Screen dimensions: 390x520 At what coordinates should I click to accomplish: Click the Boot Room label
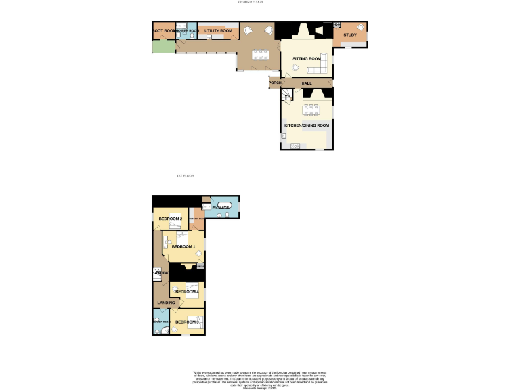163,31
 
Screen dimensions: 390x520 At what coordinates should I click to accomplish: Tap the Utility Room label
219,31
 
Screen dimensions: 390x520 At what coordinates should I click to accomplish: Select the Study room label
349,35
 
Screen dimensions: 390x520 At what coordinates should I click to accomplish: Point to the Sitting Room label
306,59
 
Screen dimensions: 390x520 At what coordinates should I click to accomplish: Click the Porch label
274,83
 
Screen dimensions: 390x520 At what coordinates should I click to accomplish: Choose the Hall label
307,83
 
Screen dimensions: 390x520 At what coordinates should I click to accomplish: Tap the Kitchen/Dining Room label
307,125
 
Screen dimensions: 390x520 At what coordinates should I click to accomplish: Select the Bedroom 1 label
183,246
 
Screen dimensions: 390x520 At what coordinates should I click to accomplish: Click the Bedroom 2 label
171,219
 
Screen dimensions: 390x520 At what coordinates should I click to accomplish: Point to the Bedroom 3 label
186,322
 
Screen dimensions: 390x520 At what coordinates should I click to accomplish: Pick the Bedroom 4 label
186,292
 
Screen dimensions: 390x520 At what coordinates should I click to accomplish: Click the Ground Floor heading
251,3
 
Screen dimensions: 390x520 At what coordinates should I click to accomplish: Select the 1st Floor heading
185,176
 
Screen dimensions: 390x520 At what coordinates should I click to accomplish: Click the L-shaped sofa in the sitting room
320,66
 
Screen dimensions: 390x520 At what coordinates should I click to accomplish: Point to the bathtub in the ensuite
225,205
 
